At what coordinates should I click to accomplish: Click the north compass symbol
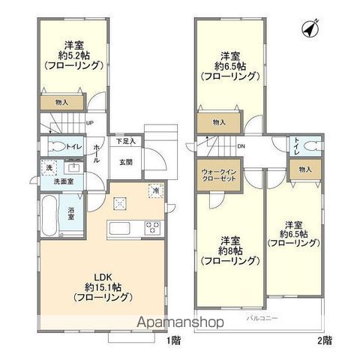pos(307,28)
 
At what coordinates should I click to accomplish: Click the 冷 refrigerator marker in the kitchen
pos(154,190)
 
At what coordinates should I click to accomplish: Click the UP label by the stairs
pos(90,123)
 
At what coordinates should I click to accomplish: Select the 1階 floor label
pos(174,341)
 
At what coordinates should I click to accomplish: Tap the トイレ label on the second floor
pos(297,146)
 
